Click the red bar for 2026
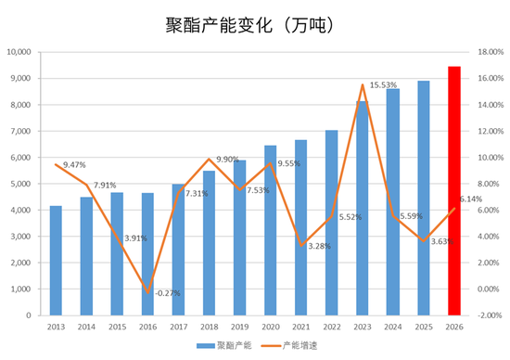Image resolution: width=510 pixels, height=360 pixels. [453, 191]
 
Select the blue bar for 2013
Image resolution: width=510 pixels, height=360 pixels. [57, 261]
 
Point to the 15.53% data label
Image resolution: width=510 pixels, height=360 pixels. [384, 85]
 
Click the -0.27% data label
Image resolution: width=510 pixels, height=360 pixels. [168, 293]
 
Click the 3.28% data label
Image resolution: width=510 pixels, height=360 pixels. [321, 246]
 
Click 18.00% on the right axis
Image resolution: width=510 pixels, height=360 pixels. [491, 52]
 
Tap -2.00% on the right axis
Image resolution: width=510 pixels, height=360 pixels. [491, 315]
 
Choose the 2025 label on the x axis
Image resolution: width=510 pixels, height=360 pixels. [423, 327]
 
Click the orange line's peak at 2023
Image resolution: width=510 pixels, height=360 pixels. [363, 85]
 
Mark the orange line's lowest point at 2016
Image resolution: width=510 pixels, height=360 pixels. [148, 292]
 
